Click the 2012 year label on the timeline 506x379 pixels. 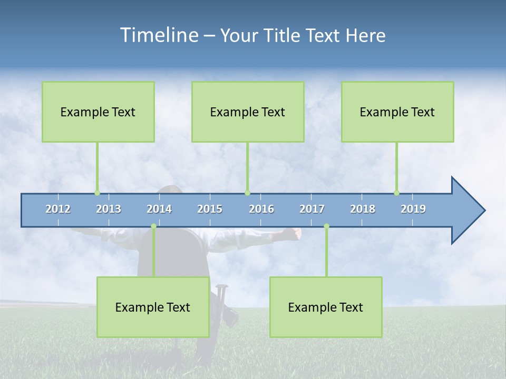pyautogui.click(x=58, y=209)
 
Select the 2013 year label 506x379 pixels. pyautogui.click(x=109, y=209)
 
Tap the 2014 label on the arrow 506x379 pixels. pyautogui.click(x=159, y=209)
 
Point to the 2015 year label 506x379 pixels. pyautogui.click(x=210, y=209)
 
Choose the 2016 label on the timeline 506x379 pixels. pyautogui.click(x=261, y=209)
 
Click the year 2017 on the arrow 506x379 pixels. pyautogui.click(x=312, y=209)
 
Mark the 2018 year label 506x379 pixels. pyautogui.click(x=363, y=209)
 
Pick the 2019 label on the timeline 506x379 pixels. pyautogui.click(x=413, y=209)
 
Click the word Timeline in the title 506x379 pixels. pyautogui.click(x=159, y=35)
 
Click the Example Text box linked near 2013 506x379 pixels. pyautogui.click(x=98, y=112)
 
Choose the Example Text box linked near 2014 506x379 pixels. pyautogui.click(x=153, y=307)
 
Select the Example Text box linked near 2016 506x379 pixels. pyautogui.click(x=248, y=112)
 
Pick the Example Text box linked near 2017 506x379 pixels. pyautogui.click(x=326, y=307)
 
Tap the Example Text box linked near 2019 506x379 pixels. pyautogui.click(x=397, y=112)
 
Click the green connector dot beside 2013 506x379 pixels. pyautogui.click(x=97, y=193)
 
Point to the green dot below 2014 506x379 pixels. pyautogui.click(x=153, y=226)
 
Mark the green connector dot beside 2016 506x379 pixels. pyautogui.click(x=247, y=193)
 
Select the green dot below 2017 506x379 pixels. pyautogui.click(x=326, y=226)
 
